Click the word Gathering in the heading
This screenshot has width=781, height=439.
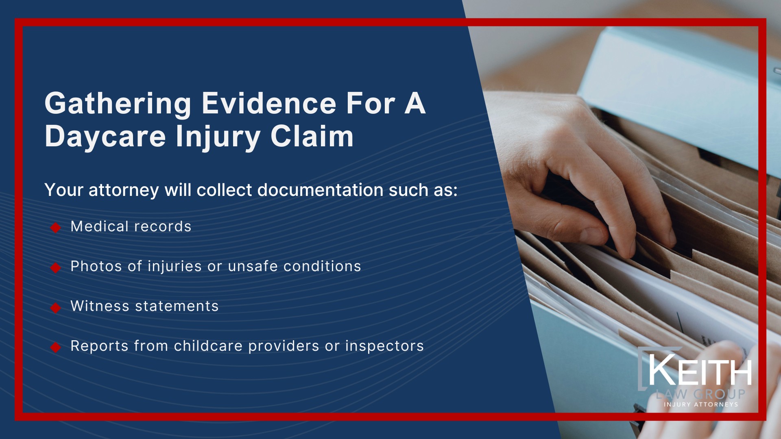[118, 104]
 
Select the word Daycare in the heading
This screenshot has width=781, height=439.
[105, 136]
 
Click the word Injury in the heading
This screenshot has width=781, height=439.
[218, 137]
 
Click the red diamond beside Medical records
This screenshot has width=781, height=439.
[56, 228]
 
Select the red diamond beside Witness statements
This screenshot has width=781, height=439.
[56, 308]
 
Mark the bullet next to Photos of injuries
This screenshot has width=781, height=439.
[56, 267]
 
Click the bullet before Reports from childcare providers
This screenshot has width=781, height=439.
[56, 347]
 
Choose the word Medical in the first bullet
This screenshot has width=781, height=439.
[99, 226]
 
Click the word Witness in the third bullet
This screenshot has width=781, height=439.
[100, 306]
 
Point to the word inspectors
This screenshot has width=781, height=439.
[384, 346]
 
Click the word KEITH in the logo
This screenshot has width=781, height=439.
[700, 371]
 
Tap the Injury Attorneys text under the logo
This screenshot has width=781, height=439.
[700, 404]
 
